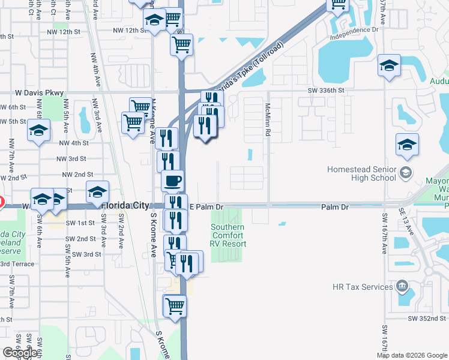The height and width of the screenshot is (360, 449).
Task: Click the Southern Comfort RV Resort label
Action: (228, 236)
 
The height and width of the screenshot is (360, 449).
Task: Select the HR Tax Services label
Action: (363, 287)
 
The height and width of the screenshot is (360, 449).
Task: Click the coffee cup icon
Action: (173, 180)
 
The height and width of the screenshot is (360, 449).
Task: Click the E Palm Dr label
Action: (206, 206)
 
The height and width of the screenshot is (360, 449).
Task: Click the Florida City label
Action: (125, 205)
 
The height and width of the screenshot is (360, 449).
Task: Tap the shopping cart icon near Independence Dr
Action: (338, 4)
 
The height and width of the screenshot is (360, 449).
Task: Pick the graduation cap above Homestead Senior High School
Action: (407, 145)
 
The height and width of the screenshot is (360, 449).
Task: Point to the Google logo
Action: (20, 353)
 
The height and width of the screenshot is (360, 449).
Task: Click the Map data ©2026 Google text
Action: (411, 355)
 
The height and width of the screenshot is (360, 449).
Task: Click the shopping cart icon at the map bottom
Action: (175, 306)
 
